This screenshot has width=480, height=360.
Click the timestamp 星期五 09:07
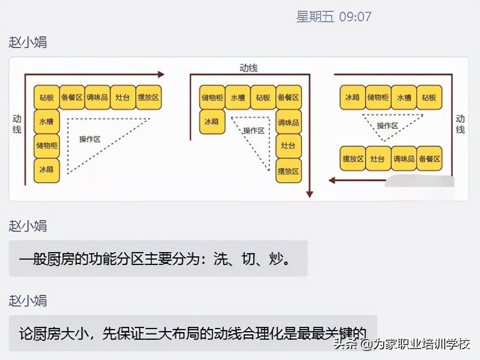click(334, 17)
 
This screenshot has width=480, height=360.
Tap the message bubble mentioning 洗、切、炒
click(158, 259)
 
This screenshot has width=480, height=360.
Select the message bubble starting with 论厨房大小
click(192, 332)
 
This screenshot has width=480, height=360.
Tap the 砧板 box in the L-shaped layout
click(46, 97)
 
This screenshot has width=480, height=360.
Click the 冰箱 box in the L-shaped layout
click(46, 170)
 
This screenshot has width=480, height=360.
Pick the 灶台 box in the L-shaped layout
click(122, 97)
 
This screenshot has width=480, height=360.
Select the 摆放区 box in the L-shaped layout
click(148, 97)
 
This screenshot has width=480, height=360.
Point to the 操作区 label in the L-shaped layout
click(90, 139)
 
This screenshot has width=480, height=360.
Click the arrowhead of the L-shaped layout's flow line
click(161, 75)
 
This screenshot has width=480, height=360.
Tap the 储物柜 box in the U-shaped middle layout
click(212, 97)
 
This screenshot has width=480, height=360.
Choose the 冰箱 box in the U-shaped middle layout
click(212, 122)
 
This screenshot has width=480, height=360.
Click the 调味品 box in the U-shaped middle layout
click(289, 122)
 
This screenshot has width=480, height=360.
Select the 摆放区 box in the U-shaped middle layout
click(289, 171)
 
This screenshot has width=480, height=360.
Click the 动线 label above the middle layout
click(249, 68)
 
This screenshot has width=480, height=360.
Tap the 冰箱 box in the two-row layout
click(352, 97)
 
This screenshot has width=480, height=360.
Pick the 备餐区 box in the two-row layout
click(429, 159)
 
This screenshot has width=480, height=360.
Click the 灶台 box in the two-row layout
click(378, 159)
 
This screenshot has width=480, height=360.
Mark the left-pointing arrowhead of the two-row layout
click(332, 180)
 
